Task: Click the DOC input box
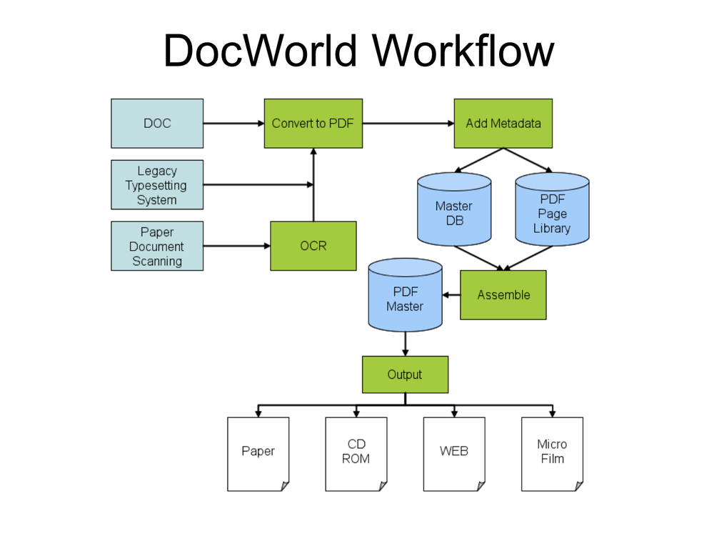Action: [157, 124]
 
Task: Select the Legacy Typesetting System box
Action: [157, 185]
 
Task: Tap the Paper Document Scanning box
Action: [157, 246]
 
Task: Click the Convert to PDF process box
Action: [313, 124]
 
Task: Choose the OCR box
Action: [313, 246]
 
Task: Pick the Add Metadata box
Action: [503, 124]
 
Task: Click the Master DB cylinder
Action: [454, 213]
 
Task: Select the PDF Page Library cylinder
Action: [552, 213]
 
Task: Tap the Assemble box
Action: [503, 294]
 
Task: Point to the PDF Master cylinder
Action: [405, 299]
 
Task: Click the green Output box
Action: [405, 374]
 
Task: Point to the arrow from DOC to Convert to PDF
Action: [233, 124]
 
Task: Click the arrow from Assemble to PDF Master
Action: [451, 294]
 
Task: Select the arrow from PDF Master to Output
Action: [405, 344]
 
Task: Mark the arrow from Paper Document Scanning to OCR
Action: [236, 246]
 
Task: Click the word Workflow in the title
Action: [463, 51]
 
